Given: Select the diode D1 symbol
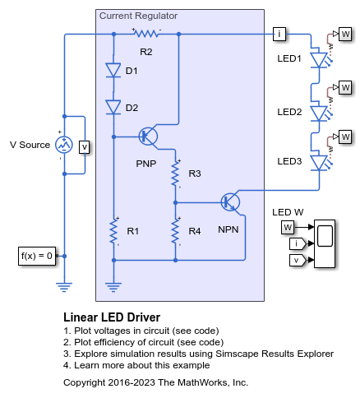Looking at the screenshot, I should tap(113, 71).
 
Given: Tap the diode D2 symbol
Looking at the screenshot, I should tap(113, 107).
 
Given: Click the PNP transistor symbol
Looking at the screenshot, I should tap(149, 137).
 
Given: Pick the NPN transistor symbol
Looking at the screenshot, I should tap(230, 201).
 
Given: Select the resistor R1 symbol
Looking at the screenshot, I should tap(113, 231).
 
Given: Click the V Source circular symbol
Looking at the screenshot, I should tap(64, 146).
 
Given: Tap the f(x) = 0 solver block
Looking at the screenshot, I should tap(37, 256).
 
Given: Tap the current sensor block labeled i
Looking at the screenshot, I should tap(280, 34).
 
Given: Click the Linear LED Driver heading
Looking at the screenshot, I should tap(111, 317).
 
